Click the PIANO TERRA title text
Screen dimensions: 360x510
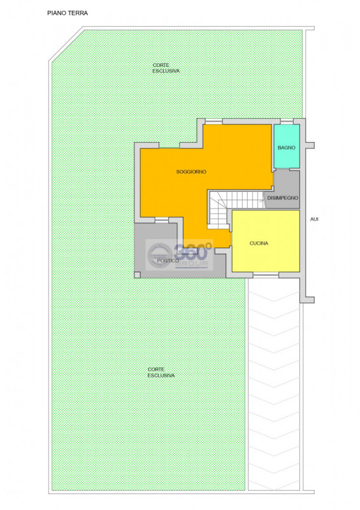pos(68,13)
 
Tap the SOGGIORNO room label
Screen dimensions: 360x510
pos(191,171)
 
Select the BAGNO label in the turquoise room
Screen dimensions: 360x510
pos(287,148)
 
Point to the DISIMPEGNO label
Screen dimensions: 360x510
pos(283,198)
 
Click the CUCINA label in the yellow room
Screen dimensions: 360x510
pos(259,244)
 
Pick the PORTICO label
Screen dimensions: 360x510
pos(168,261)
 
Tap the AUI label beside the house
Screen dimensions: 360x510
pos(314,219)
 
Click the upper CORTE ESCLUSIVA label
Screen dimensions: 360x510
pos(166,68)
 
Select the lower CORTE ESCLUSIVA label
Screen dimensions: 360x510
pos(161,372)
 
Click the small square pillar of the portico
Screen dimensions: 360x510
pos(137,275)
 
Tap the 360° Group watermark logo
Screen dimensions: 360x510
pos(179,254)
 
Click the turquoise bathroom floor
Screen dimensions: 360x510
pos(287,147)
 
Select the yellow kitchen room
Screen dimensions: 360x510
pos(266,241)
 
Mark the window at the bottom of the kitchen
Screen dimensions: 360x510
pos(266,275)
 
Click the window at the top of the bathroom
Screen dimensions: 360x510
pos(286,122)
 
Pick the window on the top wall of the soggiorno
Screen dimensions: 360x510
pos(213,122)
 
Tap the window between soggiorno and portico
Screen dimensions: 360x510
pos(162,220)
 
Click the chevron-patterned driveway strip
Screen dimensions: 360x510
pos(274,384)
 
